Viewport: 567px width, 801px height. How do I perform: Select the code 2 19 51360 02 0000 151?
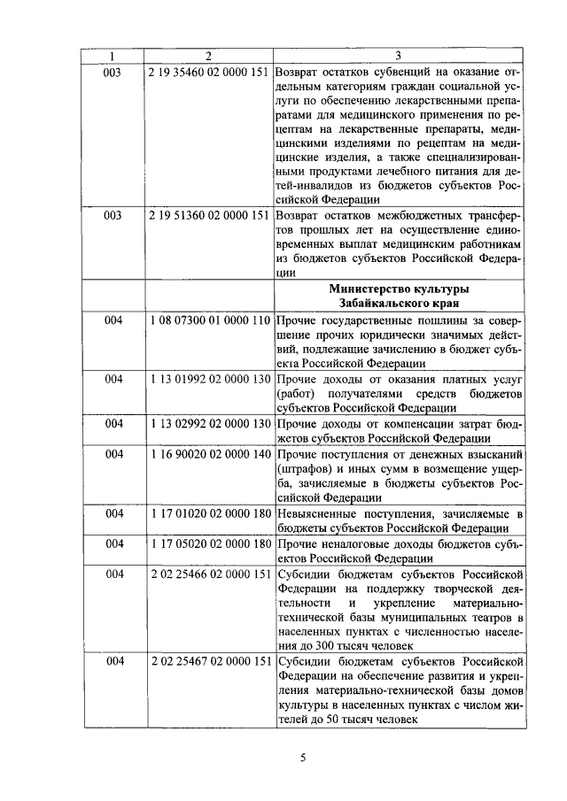tap(209, 215)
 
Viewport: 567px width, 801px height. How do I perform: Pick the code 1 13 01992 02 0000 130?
tap(209, 380)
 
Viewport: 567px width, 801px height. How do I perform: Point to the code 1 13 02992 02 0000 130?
tap(209, 423)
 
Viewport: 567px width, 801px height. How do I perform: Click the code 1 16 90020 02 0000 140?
tap(209, 454)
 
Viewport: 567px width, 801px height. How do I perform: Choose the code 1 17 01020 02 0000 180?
tap(209, 514)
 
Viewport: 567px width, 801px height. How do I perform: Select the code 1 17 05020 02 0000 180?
tap(209, 543)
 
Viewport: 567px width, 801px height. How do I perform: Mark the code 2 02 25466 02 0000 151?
tap(209, 574)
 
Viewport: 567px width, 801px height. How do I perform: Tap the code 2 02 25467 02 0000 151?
tap(209, 662)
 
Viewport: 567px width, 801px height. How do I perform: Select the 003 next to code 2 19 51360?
tap(113, 215)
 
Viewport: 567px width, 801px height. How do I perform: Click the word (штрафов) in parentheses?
tap(302, 469)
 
